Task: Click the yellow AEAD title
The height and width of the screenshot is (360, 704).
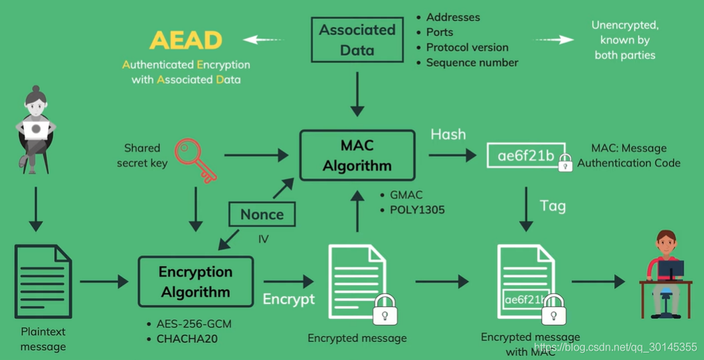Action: [x=186, y=40]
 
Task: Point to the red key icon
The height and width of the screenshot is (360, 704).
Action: [x=195, y=160]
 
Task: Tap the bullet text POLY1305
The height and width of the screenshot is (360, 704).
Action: [x=416, y=209]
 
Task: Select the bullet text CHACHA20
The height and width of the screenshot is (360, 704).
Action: [x=187, y=339]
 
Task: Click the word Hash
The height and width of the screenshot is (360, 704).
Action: [x=448, y=134]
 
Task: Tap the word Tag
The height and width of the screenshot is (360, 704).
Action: [x=553, y=206]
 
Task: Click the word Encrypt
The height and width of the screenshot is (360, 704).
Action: [x=288, y=299]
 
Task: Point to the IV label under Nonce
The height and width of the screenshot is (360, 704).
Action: [x=264, y=239]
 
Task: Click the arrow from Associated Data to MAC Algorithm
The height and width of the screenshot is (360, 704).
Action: [x=357, y=94]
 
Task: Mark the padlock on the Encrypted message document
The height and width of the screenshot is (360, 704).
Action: [x=385, y=309]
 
